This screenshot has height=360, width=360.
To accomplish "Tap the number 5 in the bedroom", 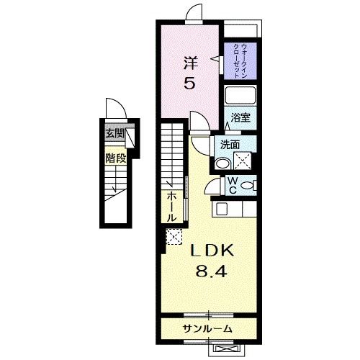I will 189,84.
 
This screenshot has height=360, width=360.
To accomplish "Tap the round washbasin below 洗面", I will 224,161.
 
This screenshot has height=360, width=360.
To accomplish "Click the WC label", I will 233,185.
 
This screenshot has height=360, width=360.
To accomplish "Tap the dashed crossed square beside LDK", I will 174,236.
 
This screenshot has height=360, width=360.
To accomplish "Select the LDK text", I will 212,253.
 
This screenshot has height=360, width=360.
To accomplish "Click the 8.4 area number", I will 212,274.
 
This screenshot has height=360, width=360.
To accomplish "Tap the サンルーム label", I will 207,328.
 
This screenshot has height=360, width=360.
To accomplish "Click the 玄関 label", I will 114,134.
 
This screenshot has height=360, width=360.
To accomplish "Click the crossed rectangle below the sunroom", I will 224,349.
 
